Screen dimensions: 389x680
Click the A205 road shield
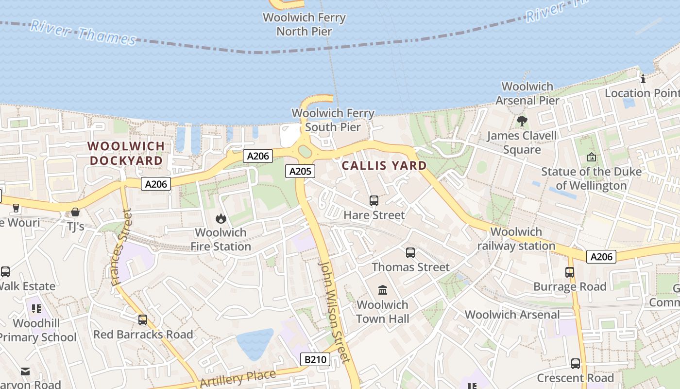click(x=300, y=171)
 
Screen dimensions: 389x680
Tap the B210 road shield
click(x=315, y=360)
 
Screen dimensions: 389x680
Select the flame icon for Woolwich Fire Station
click(x=221, y=219)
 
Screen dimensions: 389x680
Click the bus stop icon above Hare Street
click(x=374, y=200)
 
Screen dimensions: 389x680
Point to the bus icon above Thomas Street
click(x=410, y=252)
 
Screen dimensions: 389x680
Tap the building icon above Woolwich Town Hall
click(x=383, y=290)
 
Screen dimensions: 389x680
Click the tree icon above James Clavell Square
click(x=522, y=121)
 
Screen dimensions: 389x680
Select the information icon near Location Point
click(x=643, y=79)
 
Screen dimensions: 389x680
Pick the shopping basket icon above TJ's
click(x=75, y=212)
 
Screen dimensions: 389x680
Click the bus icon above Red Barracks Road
click(x=143, y=319)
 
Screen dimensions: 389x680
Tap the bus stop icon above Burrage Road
click(x=570, y=272)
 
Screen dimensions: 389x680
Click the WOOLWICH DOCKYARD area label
click(x=126, y=153)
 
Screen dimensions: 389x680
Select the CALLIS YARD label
click(x=384, y=165)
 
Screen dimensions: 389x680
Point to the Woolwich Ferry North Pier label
click(x=304, y=24)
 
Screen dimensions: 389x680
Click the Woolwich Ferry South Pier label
click(x=333, y=120)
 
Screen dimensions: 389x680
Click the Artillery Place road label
click(x=238, y=378)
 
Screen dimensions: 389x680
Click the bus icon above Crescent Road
click(x=576, y=363)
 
